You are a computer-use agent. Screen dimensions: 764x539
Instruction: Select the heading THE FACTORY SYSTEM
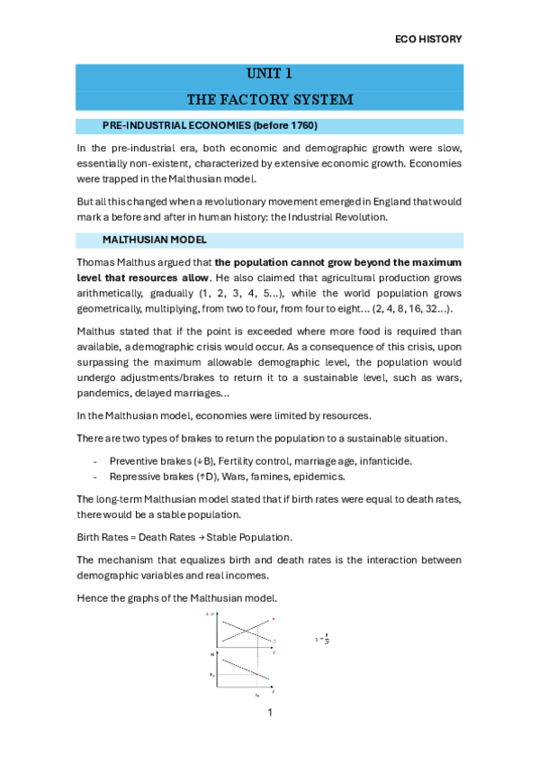(x=269, y=98)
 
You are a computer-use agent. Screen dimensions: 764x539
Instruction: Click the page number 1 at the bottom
(x=269, y=714)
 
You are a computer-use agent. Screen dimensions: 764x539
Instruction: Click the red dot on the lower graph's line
(x=257, y=675)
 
